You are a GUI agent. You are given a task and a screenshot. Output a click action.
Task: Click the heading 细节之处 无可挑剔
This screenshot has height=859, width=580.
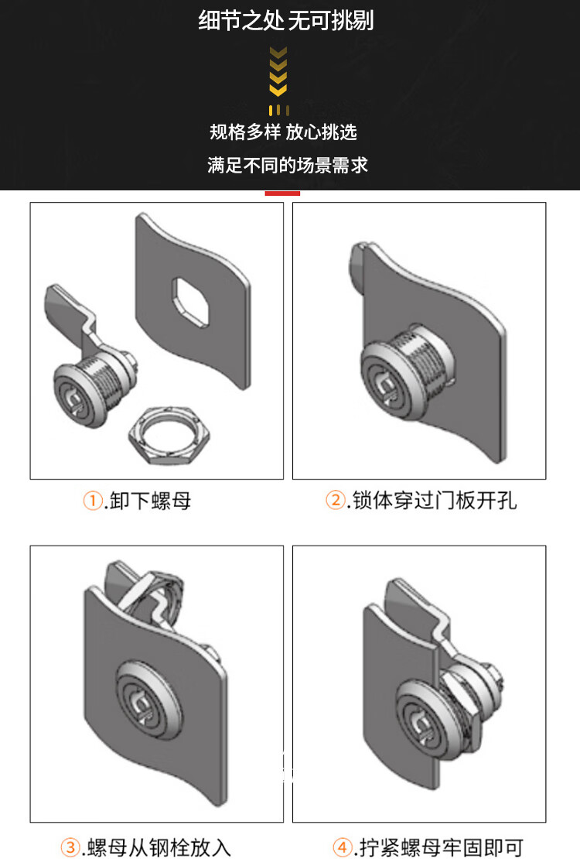click(x=286, y=21)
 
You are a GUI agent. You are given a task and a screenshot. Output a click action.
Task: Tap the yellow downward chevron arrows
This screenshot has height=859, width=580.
click(x=278, y=71)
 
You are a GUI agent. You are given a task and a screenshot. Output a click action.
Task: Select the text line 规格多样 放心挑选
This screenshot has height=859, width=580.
click(x=283, y=132)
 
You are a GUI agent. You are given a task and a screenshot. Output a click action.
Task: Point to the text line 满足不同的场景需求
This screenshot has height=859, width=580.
click(x=288, y=165)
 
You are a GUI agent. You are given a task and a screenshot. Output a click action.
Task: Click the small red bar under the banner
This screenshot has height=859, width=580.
click(x=282, y=193)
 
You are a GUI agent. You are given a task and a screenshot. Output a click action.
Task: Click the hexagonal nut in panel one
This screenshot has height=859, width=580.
click(x=169, y=436)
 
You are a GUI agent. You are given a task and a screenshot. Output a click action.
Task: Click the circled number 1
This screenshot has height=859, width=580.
click(x=93, y=500)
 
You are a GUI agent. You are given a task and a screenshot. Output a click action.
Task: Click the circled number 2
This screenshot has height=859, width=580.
click(x=335, y=500)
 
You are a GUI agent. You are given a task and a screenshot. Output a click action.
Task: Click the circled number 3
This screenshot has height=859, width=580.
click(x=70, y=847)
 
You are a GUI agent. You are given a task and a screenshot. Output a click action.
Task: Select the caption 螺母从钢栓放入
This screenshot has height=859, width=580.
click(x=159, y=847)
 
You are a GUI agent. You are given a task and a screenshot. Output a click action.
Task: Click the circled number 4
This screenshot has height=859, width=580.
click(x=343, y=847)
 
